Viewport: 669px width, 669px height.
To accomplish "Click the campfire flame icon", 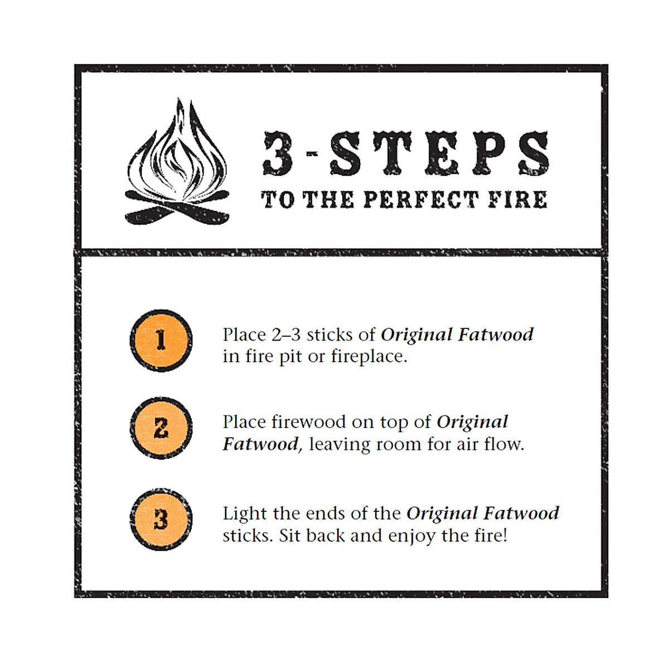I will [177, 162].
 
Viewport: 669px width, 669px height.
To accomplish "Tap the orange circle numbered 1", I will [161, 340].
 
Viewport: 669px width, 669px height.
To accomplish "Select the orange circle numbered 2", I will [161, 428].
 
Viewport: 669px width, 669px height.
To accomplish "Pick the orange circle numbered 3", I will [161, 519].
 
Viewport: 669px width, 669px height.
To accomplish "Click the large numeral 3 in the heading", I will [279, 153].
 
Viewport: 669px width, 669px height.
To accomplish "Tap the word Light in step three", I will [243, 513].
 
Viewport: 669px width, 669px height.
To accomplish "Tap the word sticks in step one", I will [329, 334].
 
